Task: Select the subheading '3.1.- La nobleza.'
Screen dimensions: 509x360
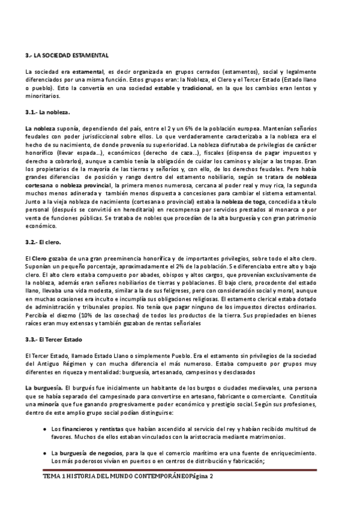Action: click(x=48, y=112)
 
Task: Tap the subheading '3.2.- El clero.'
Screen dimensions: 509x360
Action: click(x=44, y=242)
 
